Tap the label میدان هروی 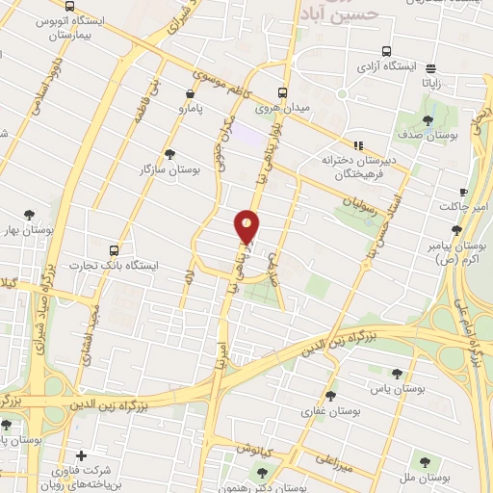tap(281, 109)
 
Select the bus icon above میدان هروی tap(282, 93)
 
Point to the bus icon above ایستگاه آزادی tap(386, 51)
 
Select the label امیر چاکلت tap(465, 207)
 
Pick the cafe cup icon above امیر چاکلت tap(463, 192)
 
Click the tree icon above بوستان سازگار tap(170, 154)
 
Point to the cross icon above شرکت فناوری tap(81, 454)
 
